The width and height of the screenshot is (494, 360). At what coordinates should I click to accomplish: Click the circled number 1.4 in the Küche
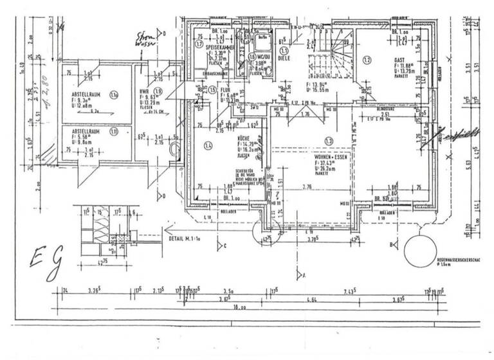208,146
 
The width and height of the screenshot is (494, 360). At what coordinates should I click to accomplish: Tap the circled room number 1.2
367,60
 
